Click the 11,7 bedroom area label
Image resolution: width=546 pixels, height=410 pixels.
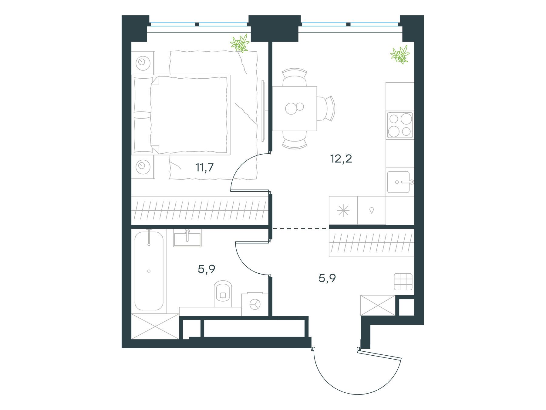coord(205,168)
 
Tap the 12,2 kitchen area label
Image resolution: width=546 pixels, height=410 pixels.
coord(341,159)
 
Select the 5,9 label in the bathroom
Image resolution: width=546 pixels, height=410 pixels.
coord(206,269)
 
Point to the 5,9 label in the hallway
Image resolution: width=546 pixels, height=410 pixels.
coord(327,278)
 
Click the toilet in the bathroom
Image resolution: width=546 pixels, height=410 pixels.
coord(223,293)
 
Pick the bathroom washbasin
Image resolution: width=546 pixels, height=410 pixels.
coord(187,237)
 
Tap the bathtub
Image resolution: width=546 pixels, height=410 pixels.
coord(149,271)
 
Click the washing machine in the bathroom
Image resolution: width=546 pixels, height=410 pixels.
coord(255,304)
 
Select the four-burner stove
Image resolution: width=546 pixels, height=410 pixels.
coord(400,125)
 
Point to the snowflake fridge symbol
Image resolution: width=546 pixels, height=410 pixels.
coord(343,210)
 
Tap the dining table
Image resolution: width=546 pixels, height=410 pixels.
coord(295,108)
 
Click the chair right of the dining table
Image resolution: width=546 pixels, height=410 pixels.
coord(326,108)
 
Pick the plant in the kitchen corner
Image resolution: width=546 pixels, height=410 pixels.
coord(400,54)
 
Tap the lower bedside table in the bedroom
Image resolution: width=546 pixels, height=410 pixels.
coord(143,166)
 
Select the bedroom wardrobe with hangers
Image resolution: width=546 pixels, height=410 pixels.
coord(200,210)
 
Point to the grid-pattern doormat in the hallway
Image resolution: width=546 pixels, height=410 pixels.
coord(403,282)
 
